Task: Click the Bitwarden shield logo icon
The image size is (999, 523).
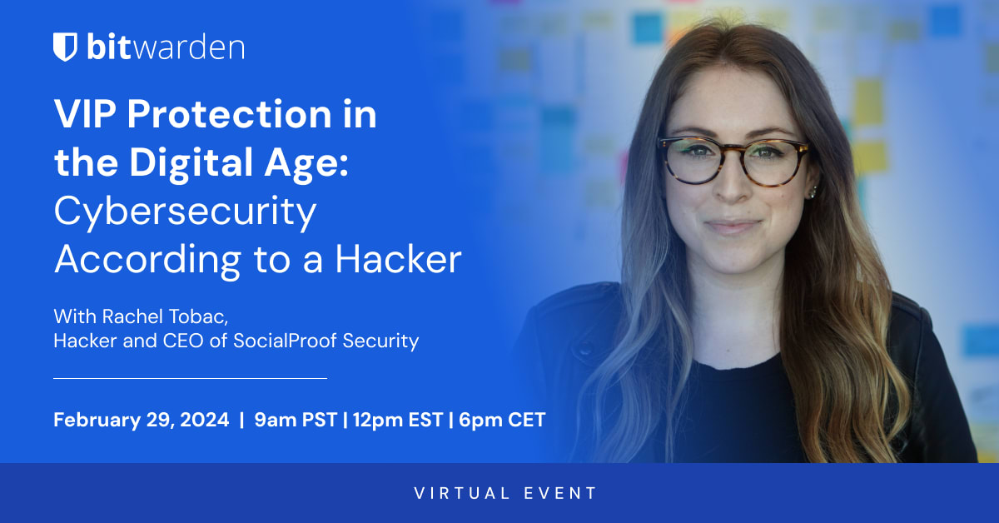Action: pyautogui.click(x=65, y=47)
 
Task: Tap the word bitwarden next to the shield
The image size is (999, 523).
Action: pyautogui.click(x=165, y=47)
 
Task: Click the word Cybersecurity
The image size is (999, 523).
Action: pyautogui.click(x=185, y=212)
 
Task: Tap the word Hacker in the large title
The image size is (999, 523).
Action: pyautogui.click(x=398, y=259)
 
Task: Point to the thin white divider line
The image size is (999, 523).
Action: pyautogui.click(x=190, y=378)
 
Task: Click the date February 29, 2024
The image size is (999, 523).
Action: pyautogui.click(x=141, y=421)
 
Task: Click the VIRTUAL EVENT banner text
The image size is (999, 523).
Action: pyautogui.click(x=505, y=493)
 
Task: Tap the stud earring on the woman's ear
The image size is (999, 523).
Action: pyautogui.click(x=810, y=192)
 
